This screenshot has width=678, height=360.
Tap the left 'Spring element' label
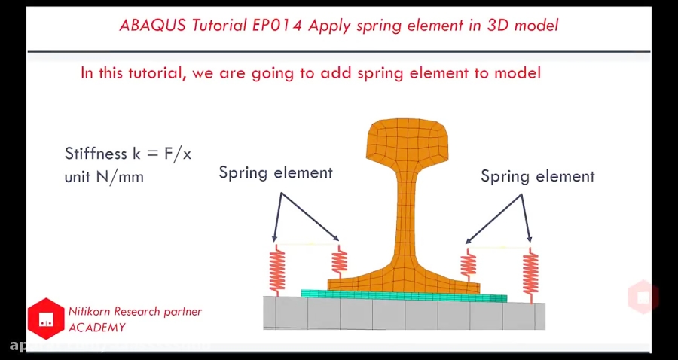coord(276,172)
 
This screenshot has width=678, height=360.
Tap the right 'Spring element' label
coord(537,176)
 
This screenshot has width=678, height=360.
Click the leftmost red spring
coord(277,270)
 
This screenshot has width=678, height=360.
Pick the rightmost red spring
coord(531,273)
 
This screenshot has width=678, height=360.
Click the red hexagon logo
coord(46,318)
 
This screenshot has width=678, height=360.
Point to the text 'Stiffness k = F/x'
coord(128,154)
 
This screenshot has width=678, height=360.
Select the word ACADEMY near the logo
coord(96,328)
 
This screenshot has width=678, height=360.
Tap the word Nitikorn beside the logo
coord(92,311)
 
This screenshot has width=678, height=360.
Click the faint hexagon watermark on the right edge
coord(643,297)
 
